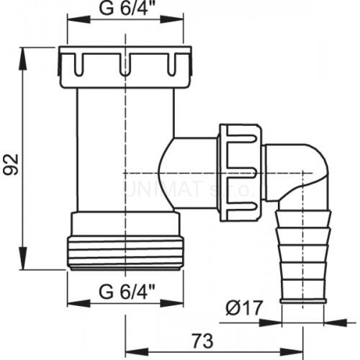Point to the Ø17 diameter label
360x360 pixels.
[240, 307]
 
